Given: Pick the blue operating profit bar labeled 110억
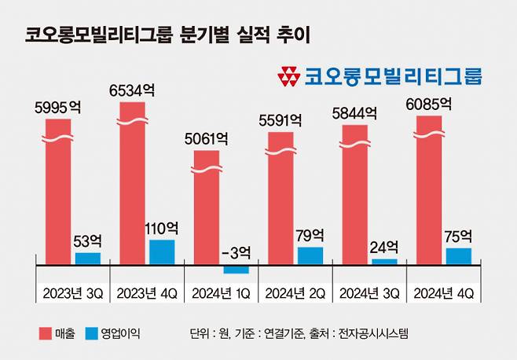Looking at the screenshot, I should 162,252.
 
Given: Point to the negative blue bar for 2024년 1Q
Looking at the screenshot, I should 236,269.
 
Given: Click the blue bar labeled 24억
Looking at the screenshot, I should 384,261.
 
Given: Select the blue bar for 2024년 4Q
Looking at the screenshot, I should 458,255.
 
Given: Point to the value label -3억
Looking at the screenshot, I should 236,252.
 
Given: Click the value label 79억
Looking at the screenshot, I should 310,234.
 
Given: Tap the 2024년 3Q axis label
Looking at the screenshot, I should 367,292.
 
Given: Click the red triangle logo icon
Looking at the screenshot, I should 289,76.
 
